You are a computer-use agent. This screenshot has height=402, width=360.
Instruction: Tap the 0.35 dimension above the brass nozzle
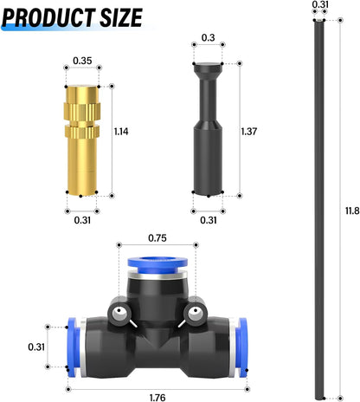pos(82,62)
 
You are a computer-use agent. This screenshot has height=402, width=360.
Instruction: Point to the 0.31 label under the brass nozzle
pos(82,220)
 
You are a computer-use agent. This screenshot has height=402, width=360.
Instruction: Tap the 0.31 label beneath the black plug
pos(209,220)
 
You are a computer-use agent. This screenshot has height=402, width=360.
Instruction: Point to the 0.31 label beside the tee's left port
pos(36,347)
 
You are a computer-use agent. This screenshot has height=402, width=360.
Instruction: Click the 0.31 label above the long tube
pos(320,5)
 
